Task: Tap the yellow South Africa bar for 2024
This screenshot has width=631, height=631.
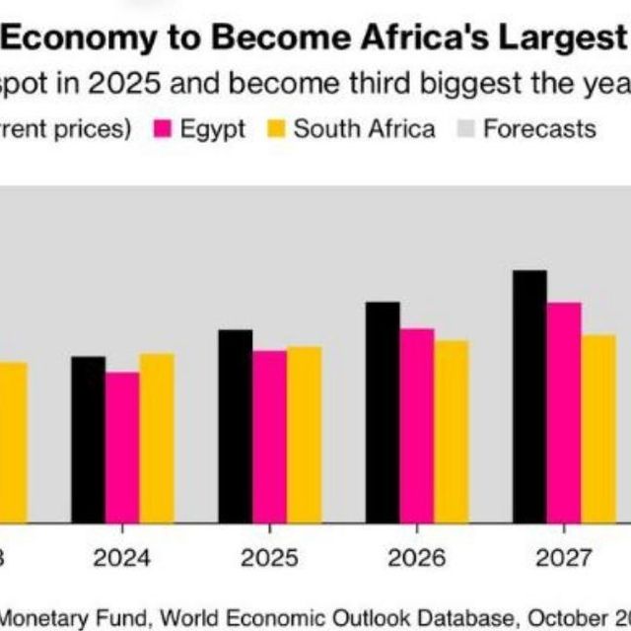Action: pos(157,438)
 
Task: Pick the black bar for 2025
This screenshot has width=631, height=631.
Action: pos(235,425)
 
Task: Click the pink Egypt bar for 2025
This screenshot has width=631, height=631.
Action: pos(269,436)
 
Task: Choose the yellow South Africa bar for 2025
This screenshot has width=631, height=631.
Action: pos(304,434)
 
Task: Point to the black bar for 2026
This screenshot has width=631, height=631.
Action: pos(383,411)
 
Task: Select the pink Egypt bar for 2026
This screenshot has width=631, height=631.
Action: pos(417,425)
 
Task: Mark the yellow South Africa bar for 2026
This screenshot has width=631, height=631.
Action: pos(452,431)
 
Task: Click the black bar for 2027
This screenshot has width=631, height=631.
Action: pos(529,395)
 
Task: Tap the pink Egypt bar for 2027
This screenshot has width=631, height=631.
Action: pos(564,412)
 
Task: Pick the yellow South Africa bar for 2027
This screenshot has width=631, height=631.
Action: pos(598,428)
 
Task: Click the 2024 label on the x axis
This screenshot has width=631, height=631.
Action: pos(122,559)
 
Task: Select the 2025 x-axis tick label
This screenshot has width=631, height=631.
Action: pos(269,559)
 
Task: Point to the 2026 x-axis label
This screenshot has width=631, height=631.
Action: pos(416,559)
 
